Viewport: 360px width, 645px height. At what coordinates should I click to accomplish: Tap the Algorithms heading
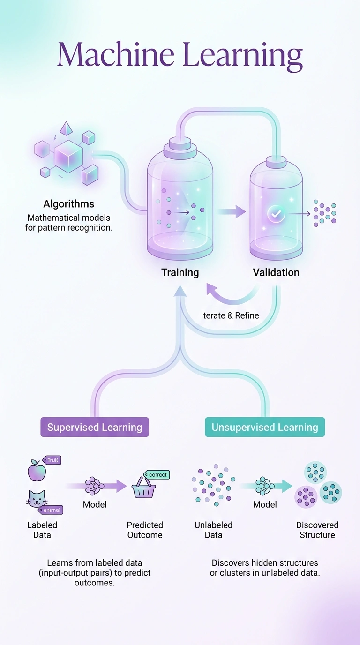pos(68,204)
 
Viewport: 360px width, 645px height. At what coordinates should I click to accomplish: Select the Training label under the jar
pos(180,272)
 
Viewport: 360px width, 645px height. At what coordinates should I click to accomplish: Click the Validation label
pos(276,272)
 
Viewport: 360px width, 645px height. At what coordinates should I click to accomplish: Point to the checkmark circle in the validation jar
pos(276,214)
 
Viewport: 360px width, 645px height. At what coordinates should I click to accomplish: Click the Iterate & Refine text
pos(230,315)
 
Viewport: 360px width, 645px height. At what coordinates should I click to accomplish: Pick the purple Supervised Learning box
pos(95,427)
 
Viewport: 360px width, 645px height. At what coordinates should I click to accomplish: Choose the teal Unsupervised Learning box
pos(265,427)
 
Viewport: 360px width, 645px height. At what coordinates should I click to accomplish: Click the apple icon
pos(37,470)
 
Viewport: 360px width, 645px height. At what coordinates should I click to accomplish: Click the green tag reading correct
pos(157,475)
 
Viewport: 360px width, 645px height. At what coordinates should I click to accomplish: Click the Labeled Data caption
pos(42,530)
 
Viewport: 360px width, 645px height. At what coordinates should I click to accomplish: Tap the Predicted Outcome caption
pos(145,530)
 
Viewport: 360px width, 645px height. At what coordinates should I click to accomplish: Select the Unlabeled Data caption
pos(213,530)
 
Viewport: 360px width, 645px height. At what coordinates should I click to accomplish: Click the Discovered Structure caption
pos(317,530)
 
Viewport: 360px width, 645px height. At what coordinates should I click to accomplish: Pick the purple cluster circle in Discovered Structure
pos(306,496)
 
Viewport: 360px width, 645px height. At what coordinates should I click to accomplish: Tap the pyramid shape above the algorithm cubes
pos(66,128)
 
